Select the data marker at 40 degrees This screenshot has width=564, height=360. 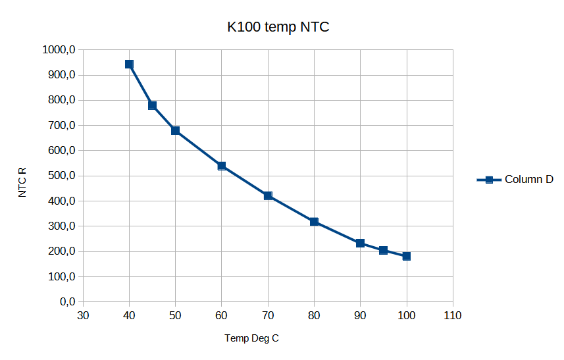(129, 64)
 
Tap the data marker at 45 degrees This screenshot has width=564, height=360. (152, 105)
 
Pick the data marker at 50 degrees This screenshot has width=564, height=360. (176, 131)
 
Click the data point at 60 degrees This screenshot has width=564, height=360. (222, 166)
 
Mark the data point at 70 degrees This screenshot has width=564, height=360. (268, 195)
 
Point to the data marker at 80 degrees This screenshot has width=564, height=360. (314, 222)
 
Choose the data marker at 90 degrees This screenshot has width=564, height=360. (360, 243)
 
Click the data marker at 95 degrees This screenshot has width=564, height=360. (383, 250)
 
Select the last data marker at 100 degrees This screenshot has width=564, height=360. (407, 256)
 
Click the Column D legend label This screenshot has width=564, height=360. (528, 180)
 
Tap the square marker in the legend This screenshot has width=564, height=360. (489, 180)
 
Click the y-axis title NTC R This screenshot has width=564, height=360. (23, 182)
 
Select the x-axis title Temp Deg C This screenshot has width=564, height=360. (251, 338)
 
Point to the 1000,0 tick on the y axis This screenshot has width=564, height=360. (59, 50)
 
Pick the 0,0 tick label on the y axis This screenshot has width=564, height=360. (66, 301)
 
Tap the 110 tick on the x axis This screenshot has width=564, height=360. (453, 316)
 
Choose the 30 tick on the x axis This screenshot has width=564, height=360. (83, 316)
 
